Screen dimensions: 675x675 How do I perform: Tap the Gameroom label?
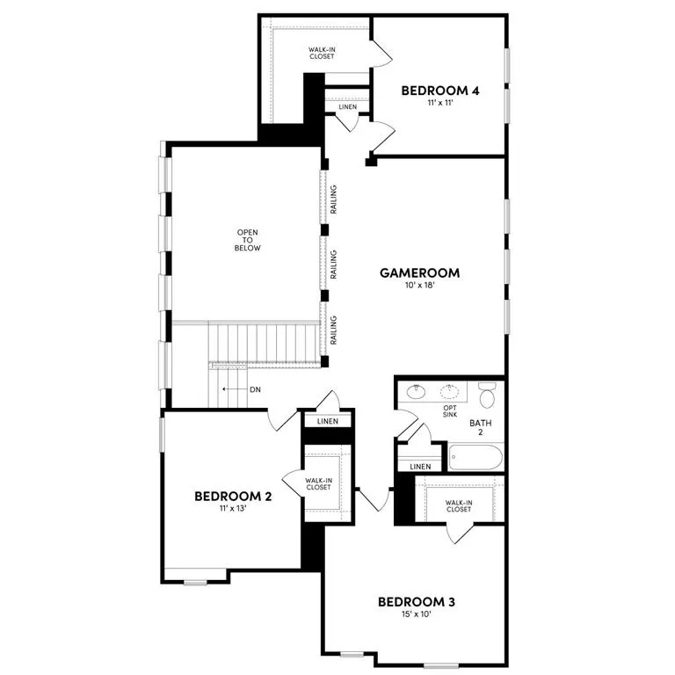419,272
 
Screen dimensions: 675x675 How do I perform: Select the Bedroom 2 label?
232,497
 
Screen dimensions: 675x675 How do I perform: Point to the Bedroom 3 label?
416,602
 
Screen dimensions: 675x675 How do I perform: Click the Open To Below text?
248,240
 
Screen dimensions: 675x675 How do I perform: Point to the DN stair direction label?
255,388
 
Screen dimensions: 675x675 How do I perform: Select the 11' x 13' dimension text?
232,509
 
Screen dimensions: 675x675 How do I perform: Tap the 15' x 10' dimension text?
416,614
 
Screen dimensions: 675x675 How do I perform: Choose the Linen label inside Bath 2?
420,466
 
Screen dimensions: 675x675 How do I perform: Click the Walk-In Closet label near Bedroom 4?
321,54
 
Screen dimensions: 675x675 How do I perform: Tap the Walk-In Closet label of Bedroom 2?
318,483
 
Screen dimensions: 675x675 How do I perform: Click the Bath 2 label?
480,428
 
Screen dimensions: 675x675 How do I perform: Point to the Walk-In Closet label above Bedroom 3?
458,505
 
